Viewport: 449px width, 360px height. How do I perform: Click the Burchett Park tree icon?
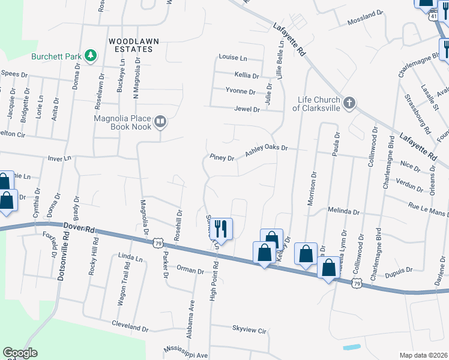(91, 56)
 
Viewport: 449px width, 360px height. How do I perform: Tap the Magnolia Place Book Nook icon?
(160, 122)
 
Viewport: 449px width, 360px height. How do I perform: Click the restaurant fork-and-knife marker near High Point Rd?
(221, 229)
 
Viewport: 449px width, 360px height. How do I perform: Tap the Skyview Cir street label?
(249, 329)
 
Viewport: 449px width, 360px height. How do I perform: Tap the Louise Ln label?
(233, 58)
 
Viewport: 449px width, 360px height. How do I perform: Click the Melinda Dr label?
(343, 212)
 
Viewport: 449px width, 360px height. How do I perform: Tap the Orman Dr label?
(191, 271)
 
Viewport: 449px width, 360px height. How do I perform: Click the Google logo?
(20, 353)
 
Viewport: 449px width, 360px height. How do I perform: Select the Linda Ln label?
(131, 258)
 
